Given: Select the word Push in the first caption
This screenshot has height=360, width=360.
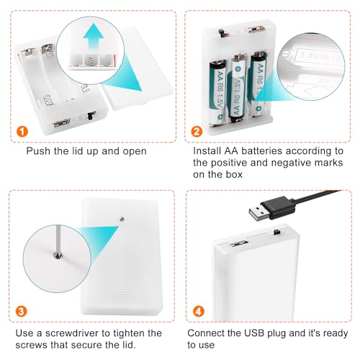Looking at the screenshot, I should [38, 151].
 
